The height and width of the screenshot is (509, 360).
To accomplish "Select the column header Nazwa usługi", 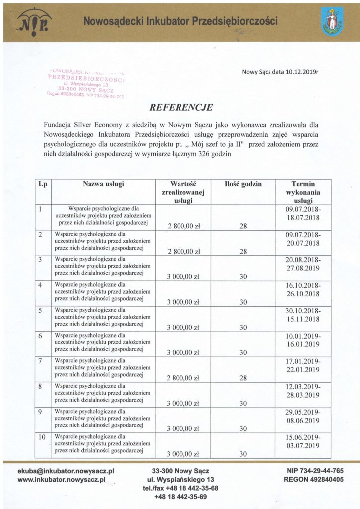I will pos(103,184).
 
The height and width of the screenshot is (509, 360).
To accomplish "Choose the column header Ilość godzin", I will pos(243,184).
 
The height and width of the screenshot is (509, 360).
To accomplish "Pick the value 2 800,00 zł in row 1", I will pos(183,226).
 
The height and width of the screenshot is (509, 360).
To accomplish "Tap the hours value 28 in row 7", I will pos(244,378).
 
